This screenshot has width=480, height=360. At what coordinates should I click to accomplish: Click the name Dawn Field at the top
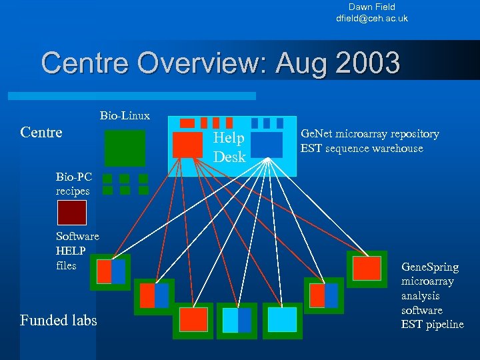pos(371,7)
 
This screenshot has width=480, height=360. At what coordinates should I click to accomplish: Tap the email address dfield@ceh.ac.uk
pos(371,18)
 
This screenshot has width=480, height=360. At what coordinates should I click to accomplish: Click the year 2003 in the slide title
pos(368,64)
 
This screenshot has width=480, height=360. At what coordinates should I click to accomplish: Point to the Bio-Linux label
pos(125,116)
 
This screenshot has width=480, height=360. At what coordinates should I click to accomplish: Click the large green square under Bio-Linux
pos(125,147)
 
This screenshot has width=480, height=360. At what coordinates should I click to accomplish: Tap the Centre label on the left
pos(41,132)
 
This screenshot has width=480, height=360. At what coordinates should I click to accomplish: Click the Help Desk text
pos(229,147)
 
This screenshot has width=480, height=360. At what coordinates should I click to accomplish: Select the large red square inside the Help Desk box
pos(187,145)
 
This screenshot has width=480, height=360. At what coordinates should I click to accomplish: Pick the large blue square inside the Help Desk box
pos(267,145)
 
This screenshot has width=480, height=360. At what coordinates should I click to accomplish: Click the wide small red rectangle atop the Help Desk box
pos(187,123)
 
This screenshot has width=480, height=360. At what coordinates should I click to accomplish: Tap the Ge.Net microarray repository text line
pos(369,134)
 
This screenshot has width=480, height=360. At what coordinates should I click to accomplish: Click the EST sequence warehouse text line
pos(361,148)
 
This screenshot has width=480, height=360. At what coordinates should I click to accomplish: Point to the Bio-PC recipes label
pos(73,184)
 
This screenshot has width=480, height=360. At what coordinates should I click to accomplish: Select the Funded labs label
pos(58,321)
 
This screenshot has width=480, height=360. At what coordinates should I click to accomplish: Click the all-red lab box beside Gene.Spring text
pos(367,269)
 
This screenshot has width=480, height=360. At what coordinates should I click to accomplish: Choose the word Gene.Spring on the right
pos(429,267)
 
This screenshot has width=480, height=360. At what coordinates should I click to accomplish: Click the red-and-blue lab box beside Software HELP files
pos(111,271)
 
